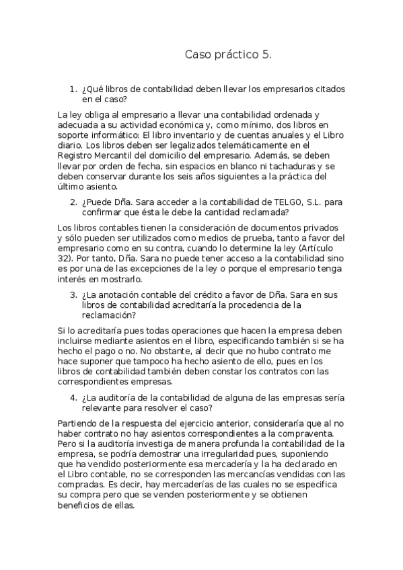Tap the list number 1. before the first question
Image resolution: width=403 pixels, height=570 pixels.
(x=73, y=89)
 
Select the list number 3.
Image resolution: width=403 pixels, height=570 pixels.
(x=73, y=294)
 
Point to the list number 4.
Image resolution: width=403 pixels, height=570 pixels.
(x=73, y=397)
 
